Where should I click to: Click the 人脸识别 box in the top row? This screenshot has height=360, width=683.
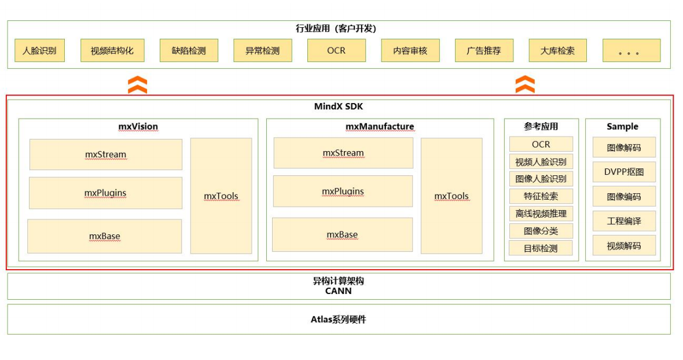point(39,51)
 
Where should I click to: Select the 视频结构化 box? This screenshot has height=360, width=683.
point(112,51)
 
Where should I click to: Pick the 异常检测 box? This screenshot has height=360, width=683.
point(262,51)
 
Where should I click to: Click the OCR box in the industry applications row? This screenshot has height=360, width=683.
point(336,51)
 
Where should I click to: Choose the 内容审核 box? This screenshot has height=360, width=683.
point(410,51)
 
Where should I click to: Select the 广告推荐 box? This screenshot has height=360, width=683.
point(484,51)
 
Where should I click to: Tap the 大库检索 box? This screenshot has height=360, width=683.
point(557,51)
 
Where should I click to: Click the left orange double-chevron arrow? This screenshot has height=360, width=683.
point(137,85)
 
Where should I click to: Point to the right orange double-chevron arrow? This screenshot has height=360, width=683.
point(525,85)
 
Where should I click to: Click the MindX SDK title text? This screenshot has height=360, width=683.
point(339,106)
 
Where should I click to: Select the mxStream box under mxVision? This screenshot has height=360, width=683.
point(105,155)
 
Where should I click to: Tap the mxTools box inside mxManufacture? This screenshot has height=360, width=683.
point(451,196)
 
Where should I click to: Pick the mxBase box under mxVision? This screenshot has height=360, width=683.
point(105,236)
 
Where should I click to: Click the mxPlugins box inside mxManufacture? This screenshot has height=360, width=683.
point(343,192)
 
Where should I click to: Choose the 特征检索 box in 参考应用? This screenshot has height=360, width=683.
point(541,196)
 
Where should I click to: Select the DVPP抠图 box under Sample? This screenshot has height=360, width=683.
point(624,172)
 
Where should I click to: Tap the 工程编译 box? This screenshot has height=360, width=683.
point(624,221)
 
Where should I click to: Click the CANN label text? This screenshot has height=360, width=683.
point(338,291)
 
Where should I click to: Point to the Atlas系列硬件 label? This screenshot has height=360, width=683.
point(338,319)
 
